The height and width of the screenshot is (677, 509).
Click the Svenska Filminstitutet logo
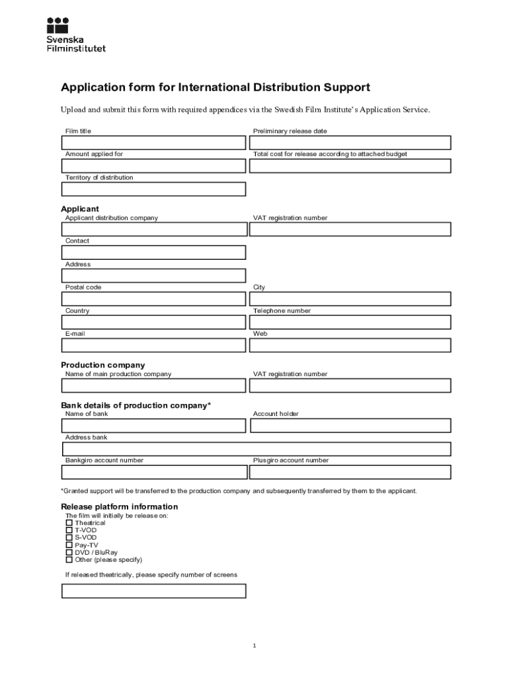(x=75, y=34)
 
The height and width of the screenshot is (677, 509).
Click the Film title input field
(x=153, y=143)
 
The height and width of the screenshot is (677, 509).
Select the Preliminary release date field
(x=350, y=143)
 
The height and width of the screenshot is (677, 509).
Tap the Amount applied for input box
(x=153, y=166)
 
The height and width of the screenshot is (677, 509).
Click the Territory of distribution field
(x=153, y=189)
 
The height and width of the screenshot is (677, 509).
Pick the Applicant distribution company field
(x=153, y=229)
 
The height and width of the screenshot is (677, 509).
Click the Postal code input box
(x=153, y=299)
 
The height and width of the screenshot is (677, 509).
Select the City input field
(x=350, y=299)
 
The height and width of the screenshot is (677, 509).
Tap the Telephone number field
(x=350, y=322)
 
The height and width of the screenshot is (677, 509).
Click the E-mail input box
(x=153, y=345)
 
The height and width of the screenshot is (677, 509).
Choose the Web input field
(x=350, y=345)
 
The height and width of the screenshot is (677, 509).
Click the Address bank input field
(x=256, y=449)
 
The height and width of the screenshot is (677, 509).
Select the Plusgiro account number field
(x=350, y=472)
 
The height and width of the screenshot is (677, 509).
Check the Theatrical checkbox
(x=69, y=523)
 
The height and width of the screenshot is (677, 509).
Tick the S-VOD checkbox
(x=69, y=538)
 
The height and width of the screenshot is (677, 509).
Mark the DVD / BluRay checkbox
(x=69, y=552)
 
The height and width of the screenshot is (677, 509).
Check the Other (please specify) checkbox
(x=69, y=559)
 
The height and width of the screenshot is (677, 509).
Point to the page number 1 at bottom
(x=254, y=646)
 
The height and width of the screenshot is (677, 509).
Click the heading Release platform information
(x=120, y=506)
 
